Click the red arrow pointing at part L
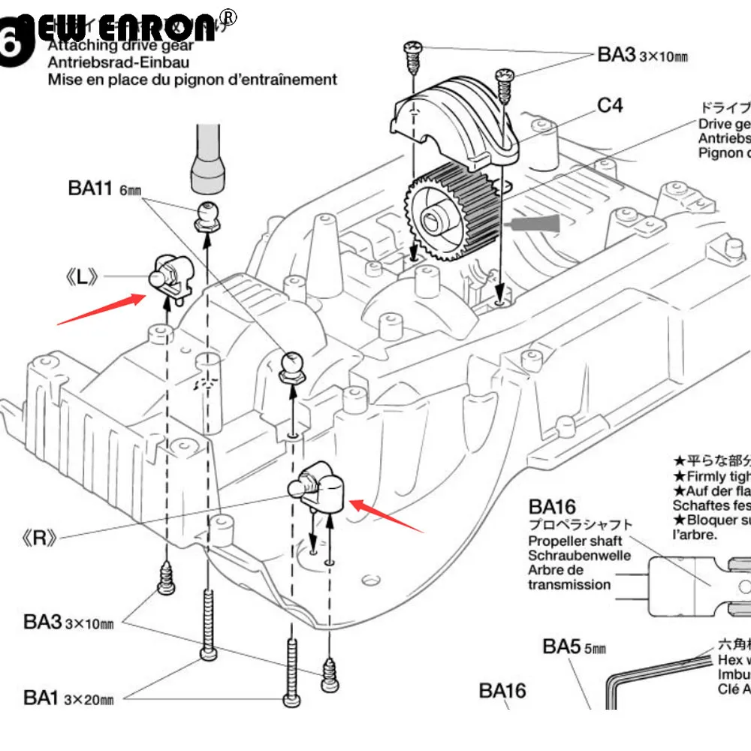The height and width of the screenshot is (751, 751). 101,309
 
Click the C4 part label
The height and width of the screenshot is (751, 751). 610,105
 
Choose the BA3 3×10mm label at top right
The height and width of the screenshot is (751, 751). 642,55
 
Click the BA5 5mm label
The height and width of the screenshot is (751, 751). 574,647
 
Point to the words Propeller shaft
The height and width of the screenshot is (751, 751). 575,541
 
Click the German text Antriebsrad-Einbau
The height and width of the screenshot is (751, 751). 118,63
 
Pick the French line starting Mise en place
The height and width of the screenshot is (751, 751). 192,80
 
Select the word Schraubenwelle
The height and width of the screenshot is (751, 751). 579,556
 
